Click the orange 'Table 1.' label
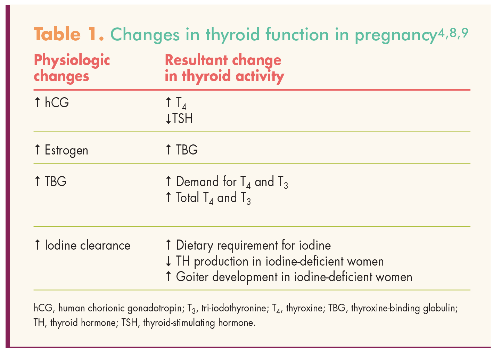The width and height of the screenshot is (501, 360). (69, 34)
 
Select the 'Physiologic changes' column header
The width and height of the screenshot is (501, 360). (72, 68)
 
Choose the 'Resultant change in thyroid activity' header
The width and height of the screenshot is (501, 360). (224, 68)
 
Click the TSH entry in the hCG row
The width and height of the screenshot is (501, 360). (182, 119)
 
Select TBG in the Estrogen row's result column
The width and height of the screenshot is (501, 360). (187, 150)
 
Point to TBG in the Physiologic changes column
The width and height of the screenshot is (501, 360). (55, 182)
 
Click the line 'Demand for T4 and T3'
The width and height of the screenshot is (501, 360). (231, 182)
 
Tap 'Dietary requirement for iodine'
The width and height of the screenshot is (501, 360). (253, 245)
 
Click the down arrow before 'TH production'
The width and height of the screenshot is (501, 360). (169, 261)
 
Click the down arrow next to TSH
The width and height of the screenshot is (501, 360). (168, 119)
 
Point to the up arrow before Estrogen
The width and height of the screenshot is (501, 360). (38, 150)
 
